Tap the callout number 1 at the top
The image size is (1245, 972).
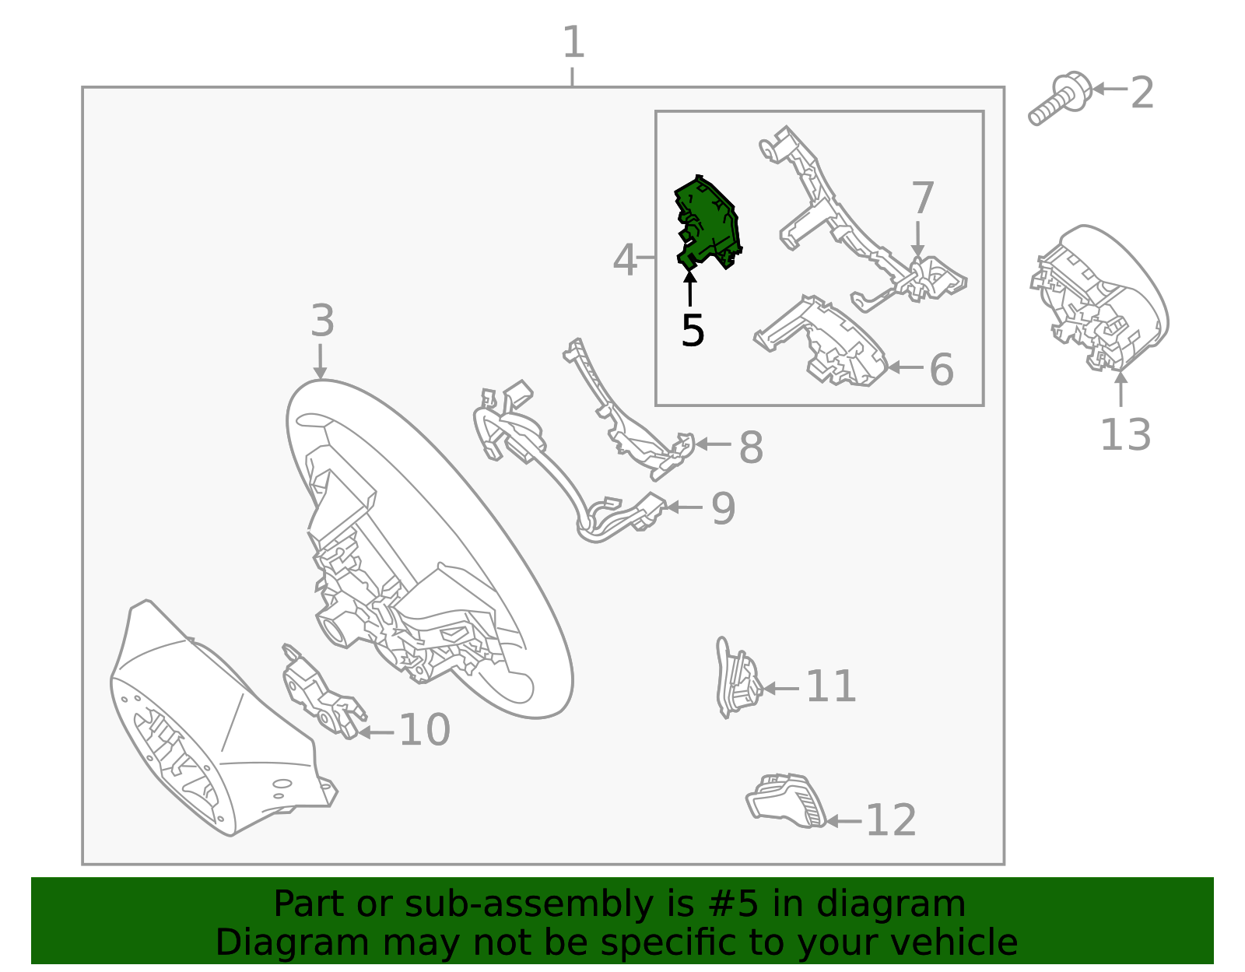(573, 43)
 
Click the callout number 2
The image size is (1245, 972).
(1142, 93)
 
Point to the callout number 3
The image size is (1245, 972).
(322, 321)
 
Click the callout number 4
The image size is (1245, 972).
(624, 261)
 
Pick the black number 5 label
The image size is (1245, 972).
(692, 332)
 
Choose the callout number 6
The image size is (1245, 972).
(942, 370)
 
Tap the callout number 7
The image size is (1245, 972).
(922, 198)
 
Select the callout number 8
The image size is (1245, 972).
(751, 448)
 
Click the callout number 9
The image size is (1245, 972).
(723, 509)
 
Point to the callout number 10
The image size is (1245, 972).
(424, 730)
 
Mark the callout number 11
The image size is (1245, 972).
(830, 686)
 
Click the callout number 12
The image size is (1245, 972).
(891, 820)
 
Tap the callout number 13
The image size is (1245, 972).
(1125, 434)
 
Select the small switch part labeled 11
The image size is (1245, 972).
(737, 677)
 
